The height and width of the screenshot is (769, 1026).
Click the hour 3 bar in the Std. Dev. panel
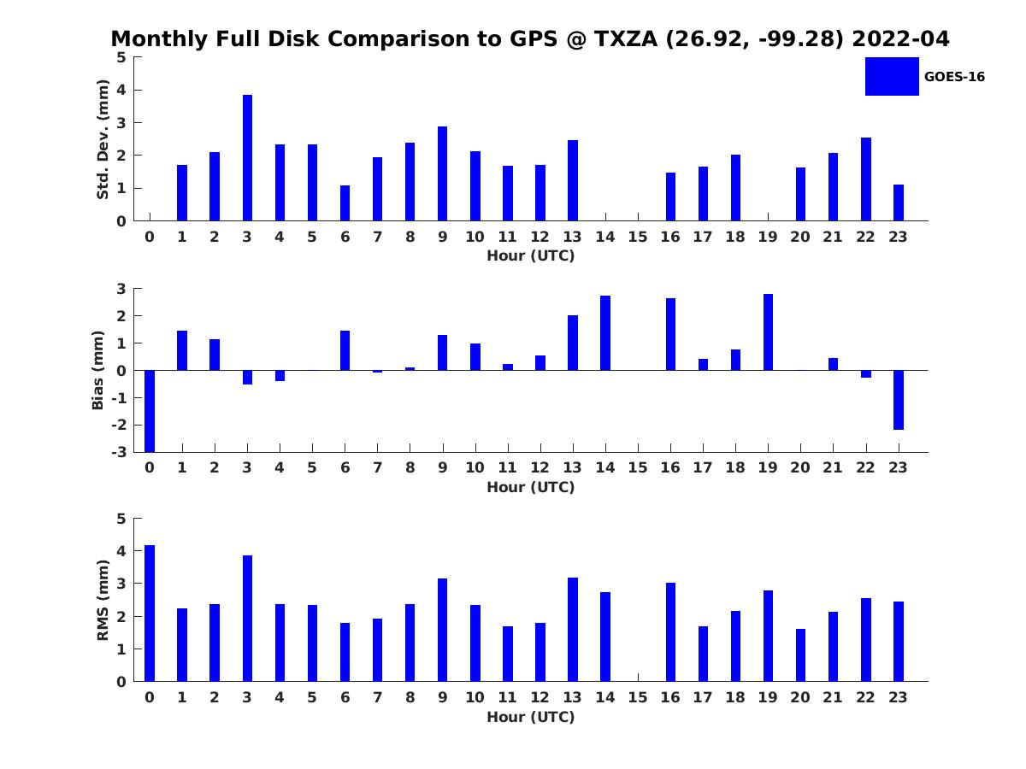(x=247, y=158)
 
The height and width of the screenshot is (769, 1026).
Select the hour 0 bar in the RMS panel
(x=150, y=613)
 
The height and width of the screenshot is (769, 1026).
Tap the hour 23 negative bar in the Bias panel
(x=898, y=400)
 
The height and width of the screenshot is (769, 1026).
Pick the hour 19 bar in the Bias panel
(x=768, y=332)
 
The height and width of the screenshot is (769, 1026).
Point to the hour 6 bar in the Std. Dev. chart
(x=345, y=203)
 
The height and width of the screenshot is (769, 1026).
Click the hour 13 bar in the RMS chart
(x=573, y=630)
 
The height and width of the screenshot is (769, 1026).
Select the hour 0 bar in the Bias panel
(x=150, y=411)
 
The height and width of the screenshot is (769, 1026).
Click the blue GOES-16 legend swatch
(x=892, y=77)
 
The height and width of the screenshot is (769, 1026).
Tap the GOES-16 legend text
(x=954, y=77)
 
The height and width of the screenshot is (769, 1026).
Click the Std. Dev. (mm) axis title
(x=103, y=139)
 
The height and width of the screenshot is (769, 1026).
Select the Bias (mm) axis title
(x=97, y=370)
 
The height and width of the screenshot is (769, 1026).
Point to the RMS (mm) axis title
(x=103, y=600)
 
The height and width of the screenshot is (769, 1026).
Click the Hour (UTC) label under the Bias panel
(x=531, y=487)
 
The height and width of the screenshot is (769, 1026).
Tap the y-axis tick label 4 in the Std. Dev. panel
(x=121, y=90)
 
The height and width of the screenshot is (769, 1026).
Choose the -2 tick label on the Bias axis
(x=119, y=425)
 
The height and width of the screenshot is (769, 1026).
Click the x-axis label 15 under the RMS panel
(x=638, y=697)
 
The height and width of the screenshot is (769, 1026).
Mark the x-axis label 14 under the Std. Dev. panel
(x=604, y=237)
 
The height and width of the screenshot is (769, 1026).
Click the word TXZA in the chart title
(x=626, y=38)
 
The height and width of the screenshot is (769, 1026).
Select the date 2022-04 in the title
(x=900, y=38)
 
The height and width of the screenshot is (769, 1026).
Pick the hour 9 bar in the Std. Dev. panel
(x=442, y=173)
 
